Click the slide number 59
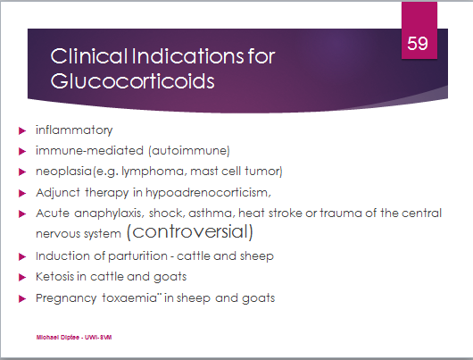point(418,43)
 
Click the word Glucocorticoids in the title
point(132,81)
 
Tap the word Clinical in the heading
point(88,56)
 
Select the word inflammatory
point(74,130)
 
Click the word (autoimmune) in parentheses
point(189,150)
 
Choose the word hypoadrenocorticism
point(207,193)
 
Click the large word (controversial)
point(190,232)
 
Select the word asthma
point(212,213)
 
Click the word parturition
point(137,256)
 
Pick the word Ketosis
point(54,276)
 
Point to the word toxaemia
point(129,297)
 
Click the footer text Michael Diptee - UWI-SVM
point(74,338)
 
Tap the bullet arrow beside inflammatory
point(22,130)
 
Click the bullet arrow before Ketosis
point(22,277)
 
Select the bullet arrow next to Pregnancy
point(22,298)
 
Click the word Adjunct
point(58,193)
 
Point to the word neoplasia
point(63,172)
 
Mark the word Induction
point(62,255)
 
